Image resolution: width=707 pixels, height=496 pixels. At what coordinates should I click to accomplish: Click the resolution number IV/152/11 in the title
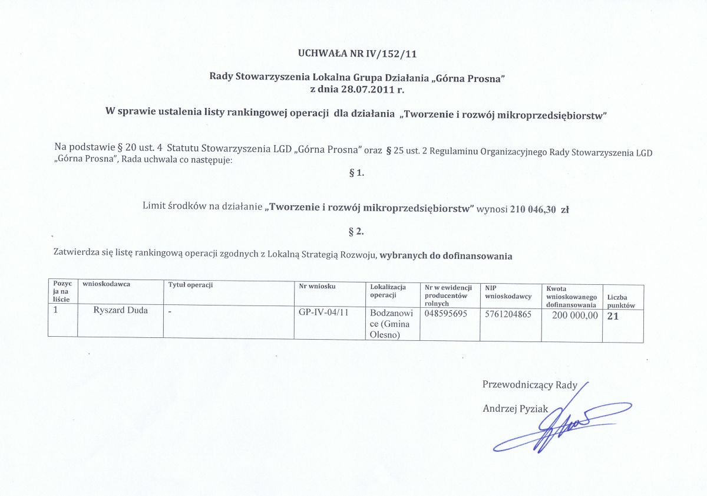392,54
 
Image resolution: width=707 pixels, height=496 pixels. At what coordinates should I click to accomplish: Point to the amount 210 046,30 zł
540,208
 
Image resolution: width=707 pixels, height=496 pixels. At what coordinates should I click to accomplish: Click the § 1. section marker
357,173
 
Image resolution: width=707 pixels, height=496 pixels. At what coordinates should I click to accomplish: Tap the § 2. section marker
356,231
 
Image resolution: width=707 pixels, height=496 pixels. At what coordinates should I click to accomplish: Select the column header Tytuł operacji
190,285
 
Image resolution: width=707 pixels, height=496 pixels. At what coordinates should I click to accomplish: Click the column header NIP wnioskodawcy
508,292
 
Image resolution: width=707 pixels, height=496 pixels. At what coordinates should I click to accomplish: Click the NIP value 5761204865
508,314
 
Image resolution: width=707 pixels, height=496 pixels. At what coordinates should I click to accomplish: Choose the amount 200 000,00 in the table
574,316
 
